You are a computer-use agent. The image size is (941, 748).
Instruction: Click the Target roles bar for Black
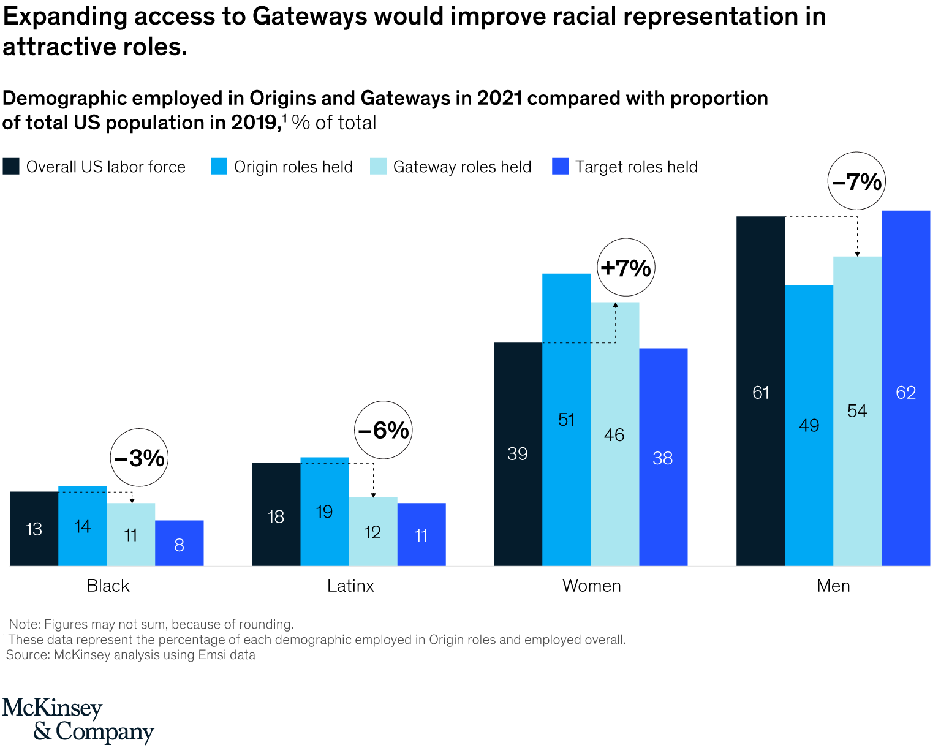pos(179,543)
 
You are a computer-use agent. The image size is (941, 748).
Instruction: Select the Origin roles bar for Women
pos(566,420)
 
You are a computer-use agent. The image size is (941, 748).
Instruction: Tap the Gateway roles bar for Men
pos(857,410)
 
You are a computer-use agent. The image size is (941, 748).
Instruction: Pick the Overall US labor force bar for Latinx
pos(276,514)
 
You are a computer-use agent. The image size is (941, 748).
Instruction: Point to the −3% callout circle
pos(139,458)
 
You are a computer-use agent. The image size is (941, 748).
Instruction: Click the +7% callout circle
pos(625,268)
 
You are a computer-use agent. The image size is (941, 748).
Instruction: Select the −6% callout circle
pos(384,430)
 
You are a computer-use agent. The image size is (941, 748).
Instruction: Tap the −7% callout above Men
pos(856,181)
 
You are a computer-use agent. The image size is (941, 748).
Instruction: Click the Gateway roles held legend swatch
pos(378,167)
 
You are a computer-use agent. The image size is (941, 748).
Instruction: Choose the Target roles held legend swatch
pos(560,167)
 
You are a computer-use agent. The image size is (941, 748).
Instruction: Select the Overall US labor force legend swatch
pos(11,167)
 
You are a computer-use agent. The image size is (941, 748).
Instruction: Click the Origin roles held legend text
pos(293,167)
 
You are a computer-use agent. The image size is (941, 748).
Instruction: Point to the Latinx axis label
pos(350,586)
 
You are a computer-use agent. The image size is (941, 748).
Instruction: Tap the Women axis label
pos(591,586)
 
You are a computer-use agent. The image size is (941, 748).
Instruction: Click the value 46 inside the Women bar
pos(614,435)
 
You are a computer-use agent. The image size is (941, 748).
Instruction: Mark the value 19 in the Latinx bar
pos(324,512)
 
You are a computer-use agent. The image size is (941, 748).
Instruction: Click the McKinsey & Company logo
pos(78,720)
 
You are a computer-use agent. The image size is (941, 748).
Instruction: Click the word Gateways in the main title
pos(309,17)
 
